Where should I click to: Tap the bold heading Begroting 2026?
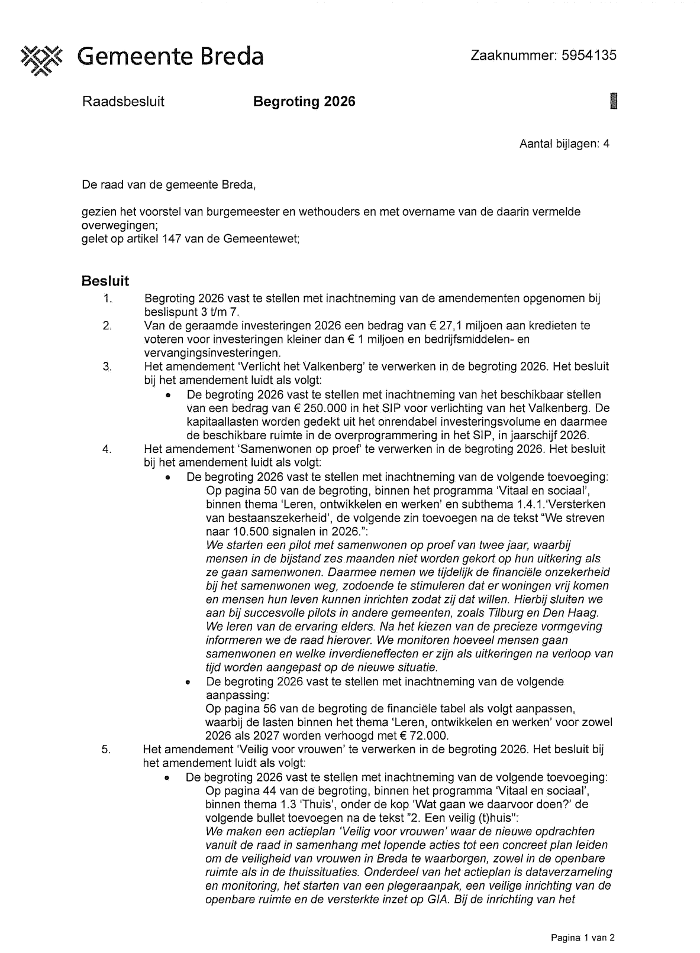[x=304, y=102]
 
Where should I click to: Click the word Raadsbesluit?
[x=123, y=102]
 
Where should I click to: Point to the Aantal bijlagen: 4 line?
[x=564, y=144]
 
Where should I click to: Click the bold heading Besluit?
[x=105, y=281]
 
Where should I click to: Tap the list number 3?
[x=107, y=367]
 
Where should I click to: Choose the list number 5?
[x=106, y=750]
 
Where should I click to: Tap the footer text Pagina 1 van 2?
[x=583, y=938]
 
